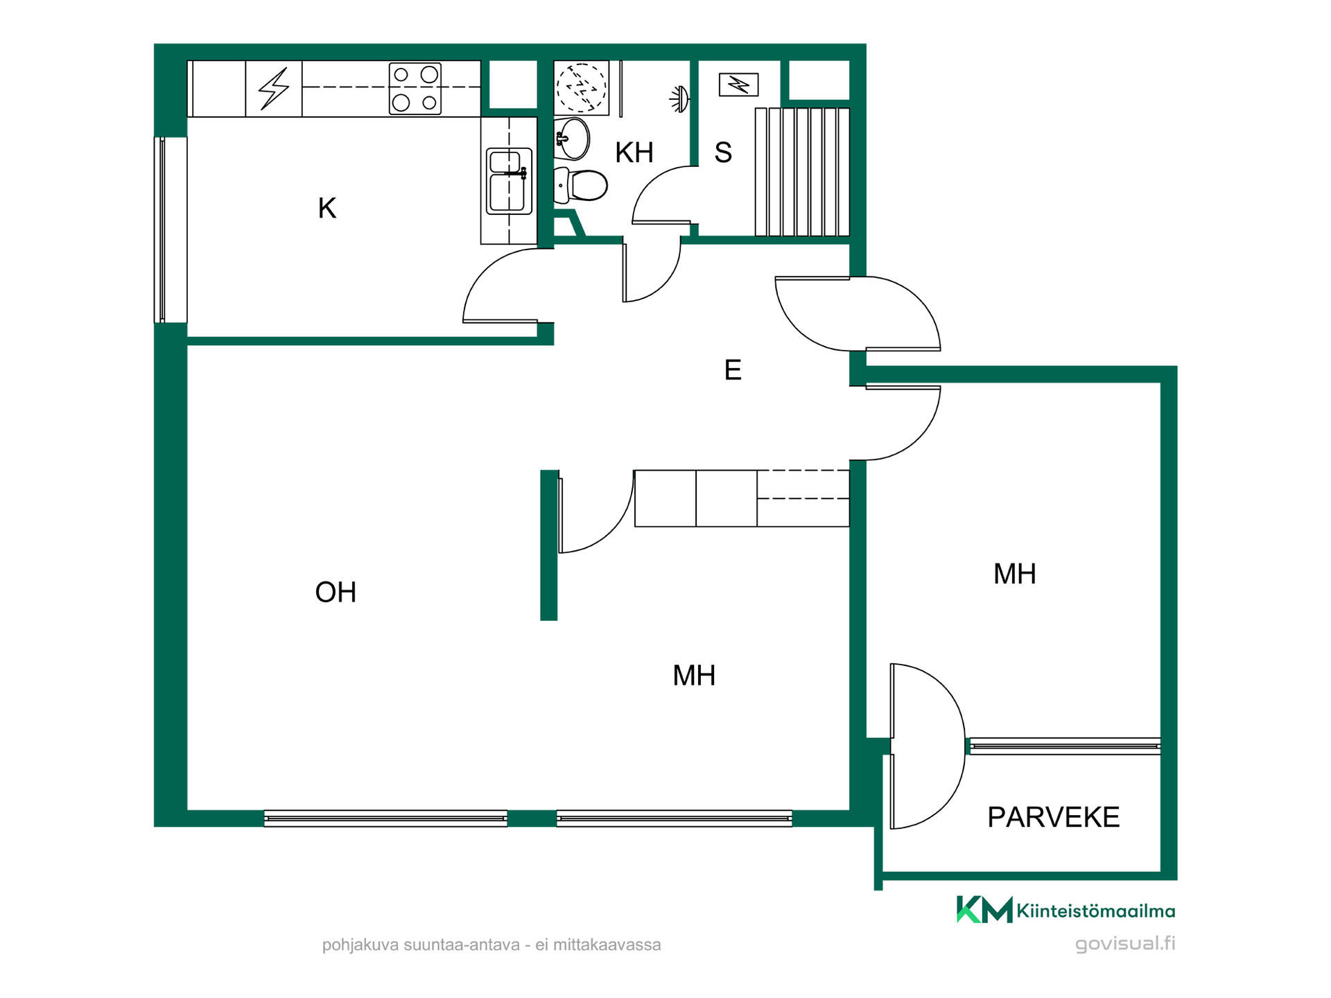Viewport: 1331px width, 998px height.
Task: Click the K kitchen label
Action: [327, 208]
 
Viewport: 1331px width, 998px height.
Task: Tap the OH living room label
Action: [336, 593]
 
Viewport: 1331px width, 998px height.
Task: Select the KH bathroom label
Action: [634, 152]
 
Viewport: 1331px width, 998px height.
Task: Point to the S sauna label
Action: [723, 152]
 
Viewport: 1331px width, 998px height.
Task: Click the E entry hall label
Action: [733, 370]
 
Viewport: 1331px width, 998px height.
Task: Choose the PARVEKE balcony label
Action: [1053, 817]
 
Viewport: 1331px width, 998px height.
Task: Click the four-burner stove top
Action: [415, 89]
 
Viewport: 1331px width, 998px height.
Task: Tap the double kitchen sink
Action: [510, 180]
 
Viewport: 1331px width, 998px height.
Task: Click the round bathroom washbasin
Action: [572, 139]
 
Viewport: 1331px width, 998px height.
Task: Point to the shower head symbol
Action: [679, 99]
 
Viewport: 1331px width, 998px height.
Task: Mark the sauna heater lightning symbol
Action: [739, 85]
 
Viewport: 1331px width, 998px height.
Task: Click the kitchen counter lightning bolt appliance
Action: [274, 89]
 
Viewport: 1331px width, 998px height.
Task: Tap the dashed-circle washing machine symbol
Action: [582, 88]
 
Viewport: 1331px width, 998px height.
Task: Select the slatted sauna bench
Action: [802, 172]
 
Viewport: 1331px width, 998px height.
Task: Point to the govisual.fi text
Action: [1125, 944]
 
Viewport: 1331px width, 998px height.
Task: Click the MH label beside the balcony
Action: [1015, 574]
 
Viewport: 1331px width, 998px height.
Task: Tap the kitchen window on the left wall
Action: [162, 230]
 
